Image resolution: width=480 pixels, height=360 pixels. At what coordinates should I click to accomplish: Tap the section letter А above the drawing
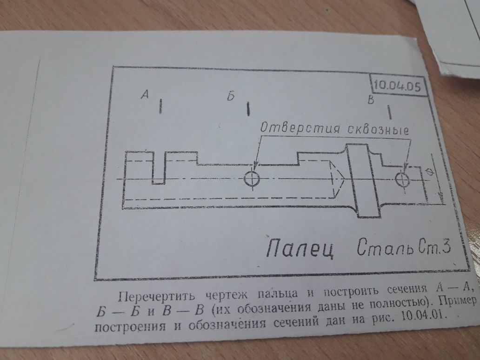pyautogui.click(x=145, y=94)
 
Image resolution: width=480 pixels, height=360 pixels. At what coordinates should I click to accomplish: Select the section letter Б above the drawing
pyautogui.click(x=231, y=96)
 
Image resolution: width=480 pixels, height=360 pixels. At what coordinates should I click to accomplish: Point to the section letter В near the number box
pyautogui.click(x=371, y=100)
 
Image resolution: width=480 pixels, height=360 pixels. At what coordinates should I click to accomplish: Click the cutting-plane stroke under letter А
pyautogui.click(x=160, y=106)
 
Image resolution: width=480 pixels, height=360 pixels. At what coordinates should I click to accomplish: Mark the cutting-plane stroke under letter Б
pyautogui.click(x=248, y=109)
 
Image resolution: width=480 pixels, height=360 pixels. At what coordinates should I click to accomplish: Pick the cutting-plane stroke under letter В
pyautogui.click(x=389, y=113)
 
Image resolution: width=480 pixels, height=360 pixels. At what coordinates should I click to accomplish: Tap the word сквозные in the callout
pyautogui.click(x=378, y=130)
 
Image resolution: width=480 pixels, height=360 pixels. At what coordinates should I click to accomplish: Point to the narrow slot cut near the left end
pyautogui.click(x=159, y=168)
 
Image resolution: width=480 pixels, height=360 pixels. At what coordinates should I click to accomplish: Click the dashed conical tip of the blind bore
pyautogui.click(x=338, y=179)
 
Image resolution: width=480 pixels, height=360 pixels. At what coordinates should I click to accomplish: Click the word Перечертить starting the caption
pyautogui.click(x=156, y=296)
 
